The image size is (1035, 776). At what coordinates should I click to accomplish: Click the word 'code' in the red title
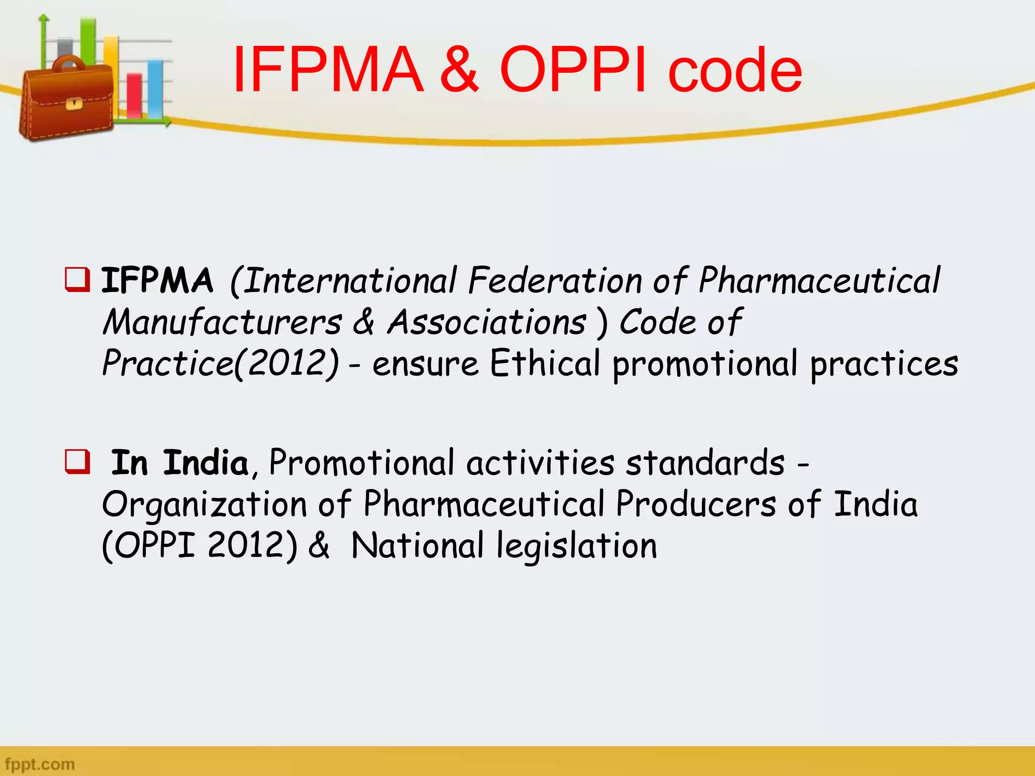[735, 71]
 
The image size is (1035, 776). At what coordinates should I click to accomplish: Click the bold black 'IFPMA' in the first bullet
[157, 281]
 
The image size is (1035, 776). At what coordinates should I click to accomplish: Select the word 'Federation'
[555, 281]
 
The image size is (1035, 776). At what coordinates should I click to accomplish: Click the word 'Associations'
[487, 322]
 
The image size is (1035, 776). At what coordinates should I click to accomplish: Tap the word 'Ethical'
[545, 363]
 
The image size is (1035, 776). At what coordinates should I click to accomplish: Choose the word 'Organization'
[205, 505]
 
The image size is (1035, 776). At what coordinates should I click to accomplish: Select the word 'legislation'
[577, 547]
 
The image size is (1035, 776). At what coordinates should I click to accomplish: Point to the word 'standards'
[705, 463]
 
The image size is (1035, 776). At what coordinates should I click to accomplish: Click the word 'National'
[417, 546]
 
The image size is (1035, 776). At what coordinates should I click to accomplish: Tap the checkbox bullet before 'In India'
[77, 461]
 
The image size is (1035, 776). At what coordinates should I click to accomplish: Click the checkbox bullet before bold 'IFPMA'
[77, 280]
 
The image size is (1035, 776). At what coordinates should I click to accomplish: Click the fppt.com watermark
[39, 763]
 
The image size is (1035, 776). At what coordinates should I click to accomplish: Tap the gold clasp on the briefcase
[74, 104]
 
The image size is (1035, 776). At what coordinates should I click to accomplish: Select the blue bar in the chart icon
[155, 89]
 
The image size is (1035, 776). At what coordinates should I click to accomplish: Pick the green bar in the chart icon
[88, 40]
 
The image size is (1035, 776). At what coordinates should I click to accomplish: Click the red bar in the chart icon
[134, 96]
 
